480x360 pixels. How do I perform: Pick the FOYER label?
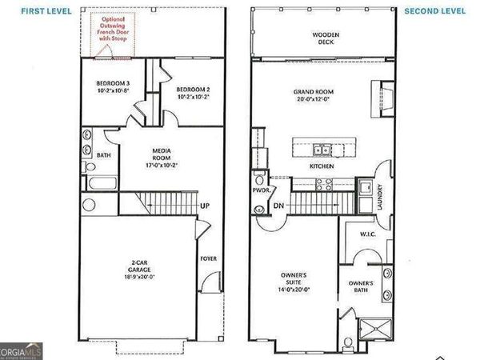208,258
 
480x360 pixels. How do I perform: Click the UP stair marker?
205,206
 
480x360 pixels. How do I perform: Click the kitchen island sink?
320,149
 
